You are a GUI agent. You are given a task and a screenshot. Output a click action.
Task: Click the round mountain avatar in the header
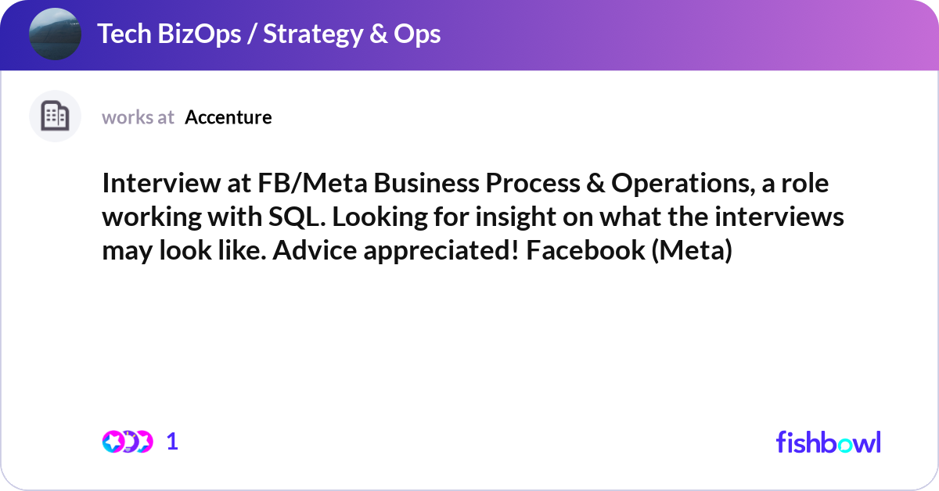tap(55, 34)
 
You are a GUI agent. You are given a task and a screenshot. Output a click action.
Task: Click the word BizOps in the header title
tap(199, 34)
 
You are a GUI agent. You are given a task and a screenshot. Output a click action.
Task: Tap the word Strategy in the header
tap(313, 34)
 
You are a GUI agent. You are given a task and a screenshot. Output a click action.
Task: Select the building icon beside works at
tap(55, 116)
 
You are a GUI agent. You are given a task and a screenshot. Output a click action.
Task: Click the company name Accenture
tap(228, 117)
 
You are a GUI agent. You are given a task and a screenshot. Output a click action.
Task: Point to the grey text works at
tap(138, 117)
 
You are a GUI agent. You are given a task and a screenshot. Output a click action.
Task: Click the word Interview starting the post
tap(161, 183)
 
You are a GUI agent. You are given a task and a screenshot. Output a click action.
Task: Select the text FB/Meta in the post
tap(312, 183)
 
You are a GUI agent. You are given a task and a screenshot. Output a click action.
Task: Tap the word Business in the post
tap(426, 183)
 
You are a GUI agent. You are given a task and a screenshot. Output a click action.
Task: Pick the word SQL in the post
tap(297, 217)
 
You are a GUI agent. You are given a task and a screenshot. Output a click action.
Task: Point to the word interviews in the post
tap(779, 217)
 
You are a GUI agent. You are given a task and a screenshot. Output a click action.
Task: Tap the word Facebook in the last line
tap(585, 250)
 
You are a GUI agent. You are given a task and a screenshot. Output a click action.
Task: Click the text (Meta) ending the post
tap(692, 250)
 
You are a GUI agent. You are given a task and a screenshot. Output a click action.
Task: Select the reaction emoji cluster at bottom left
tap(128, 442)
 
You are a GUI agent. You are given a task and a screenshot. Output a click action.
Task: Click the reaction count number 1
tap(172, 442)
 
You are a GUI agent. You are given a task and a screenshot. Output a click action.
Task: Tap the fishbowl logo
tap(829, 442)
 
